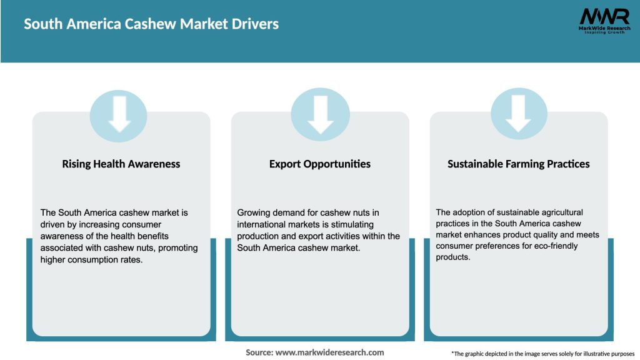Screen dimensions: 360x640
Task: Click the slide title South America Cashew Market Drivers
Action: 151,24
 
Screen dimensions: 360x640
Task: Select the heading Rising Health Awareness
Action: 121,164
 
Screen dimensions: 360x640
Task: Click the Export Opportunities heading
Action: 320,164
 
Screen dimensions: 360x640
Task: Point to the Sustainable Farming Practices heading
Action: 519,164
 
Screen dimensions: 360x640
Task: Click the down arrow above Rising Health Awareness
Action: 119,112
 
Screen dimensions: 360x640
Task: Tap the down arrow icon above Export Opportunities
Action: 320,112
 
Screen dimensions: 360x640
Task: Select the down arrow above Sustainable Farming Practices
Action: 519,112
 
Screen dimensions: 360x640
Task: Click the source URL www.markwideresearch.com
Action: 330,352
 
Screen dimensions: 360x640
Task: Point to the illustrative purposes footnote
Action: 543,354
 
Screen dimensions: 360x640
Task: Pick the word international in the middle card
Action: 262,224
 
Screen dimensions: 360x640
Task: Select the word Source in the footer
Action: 259,352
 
